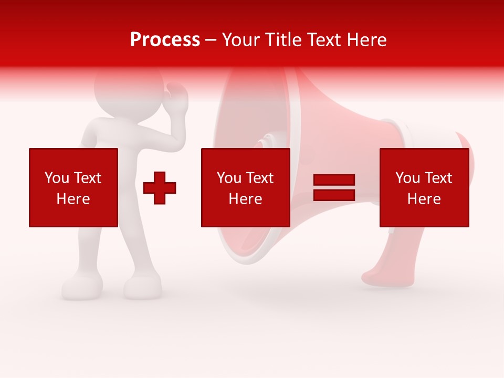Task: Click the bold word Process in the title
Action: pyautogui.click(x=165, y=40)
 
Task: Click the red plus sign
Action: pyautogui.click(x=160, y=187)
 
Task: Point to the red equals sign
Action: pyautogui.click(x=334, y=187)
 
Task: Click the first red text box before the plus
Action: pyautogui.click(x=73, y=187)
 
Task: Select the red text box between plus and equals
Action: pyautogui.click(x=245, y=187)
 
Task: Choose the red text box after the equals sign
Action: pyautogui.click(x=424, y=187)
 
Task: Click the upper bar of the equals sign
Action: pyautogui.click(x=334, y=180)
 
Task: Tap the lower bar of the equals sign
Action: pyautogui.click(x=334, y=195)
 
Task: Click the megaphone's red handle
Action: pyautogui.click(x=383, y=262)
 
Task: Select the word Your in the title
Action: pyautogui.click(x=240, y=40)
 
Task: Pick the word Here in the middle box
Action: pyautogui.click(x=245, y=199)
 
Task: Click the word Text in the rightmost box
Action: pyautogui.click(x=438, y=178)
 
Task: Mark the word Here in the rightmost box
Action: pyautogui.click(x=424, y=199)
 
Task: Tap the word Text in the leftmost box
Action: pyautogui.click(x=87, y=178)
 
